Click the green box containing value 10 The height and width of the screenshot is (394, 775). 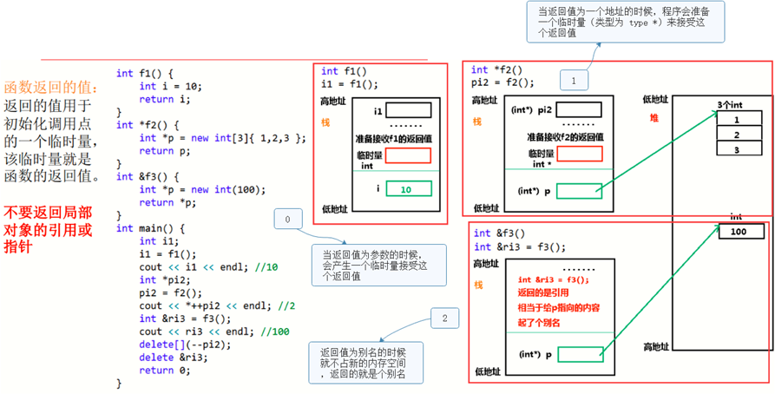tap(408, 189)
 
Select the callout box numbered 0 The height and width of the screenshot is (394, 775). tap(287, 220)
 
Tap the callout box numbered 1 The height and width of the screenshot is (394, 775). tap(574, 81)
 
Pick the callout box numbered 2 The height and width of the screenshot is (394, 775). tap(444, 318)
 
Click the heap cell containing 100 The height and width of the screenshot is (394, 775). tap(740, 233)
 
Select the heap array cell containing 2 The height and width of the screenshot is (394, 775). tap(736, 135)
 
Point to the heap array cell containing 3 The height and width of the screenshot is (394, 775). tap(736, 149)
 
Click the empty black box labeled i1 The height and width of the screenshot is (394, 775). tap(408, 111)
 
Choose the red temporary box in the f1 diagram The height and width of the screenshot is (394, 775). tap(408, 155)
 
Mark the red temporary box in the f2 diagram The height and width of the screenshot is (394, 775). tap(579, 154)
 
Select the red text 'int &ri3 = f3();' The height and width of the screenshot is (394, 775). tap(553, 279)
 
